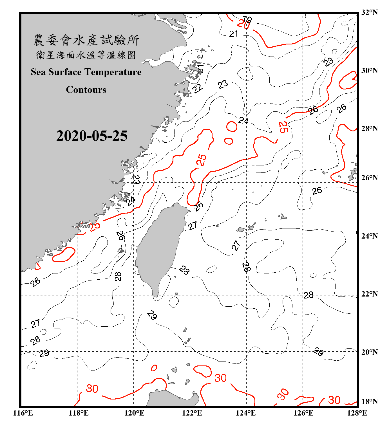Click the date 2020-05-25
92,136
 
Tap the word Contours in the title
86,90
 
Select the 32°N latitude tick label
369,12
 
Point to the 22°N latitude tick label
369,294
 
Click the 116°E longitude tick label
23,413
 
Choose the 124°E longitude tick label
246,413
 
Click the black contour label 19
247,19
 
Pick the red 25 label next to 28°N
283,127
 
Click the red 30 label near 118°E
92,389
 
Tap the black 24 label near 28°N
243,121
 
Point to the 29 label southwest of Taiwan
152,315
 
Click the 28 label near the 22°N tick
309,295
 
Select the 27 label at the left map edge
35,324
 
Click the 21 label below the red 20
234,34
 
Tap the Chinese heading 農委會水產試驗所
86,40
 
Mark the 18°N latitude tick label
369,401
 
